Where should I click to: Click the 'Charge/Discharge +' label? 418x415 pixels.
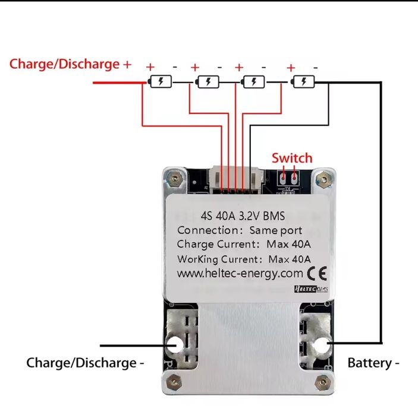[x=70, y=64]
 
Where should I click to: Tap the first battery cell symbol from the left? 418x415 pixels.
[x=161, y=82]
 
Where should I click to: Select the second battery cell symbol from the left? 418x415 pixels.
[x=208, y=82]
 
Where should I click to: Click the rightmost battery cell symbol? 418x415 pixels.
[x=304, y=82]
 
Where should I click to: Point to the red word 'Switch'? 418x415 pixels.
[x=291, y=158]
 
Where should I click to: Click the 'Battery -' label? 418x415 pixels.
[x=373, y=363]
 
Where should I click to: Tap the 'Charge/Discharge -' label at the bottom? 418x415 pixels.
[x=85, y=363]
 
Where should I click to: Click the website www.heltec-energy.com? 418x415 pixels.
[x=240, y=274]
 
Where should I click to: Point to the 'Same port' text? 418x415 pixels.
[x=275, y=230]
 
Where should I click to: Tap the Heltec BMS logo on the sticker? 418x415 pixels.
[x=312, y=289]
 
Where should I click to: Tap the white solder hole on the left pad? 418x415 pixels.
[x=177, y=344]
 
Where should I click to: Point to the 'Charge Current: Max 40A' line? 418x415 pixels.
[x=244, y=244]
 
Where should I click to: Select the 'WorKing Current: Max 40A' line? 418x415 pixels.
[x=244, y=259]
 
